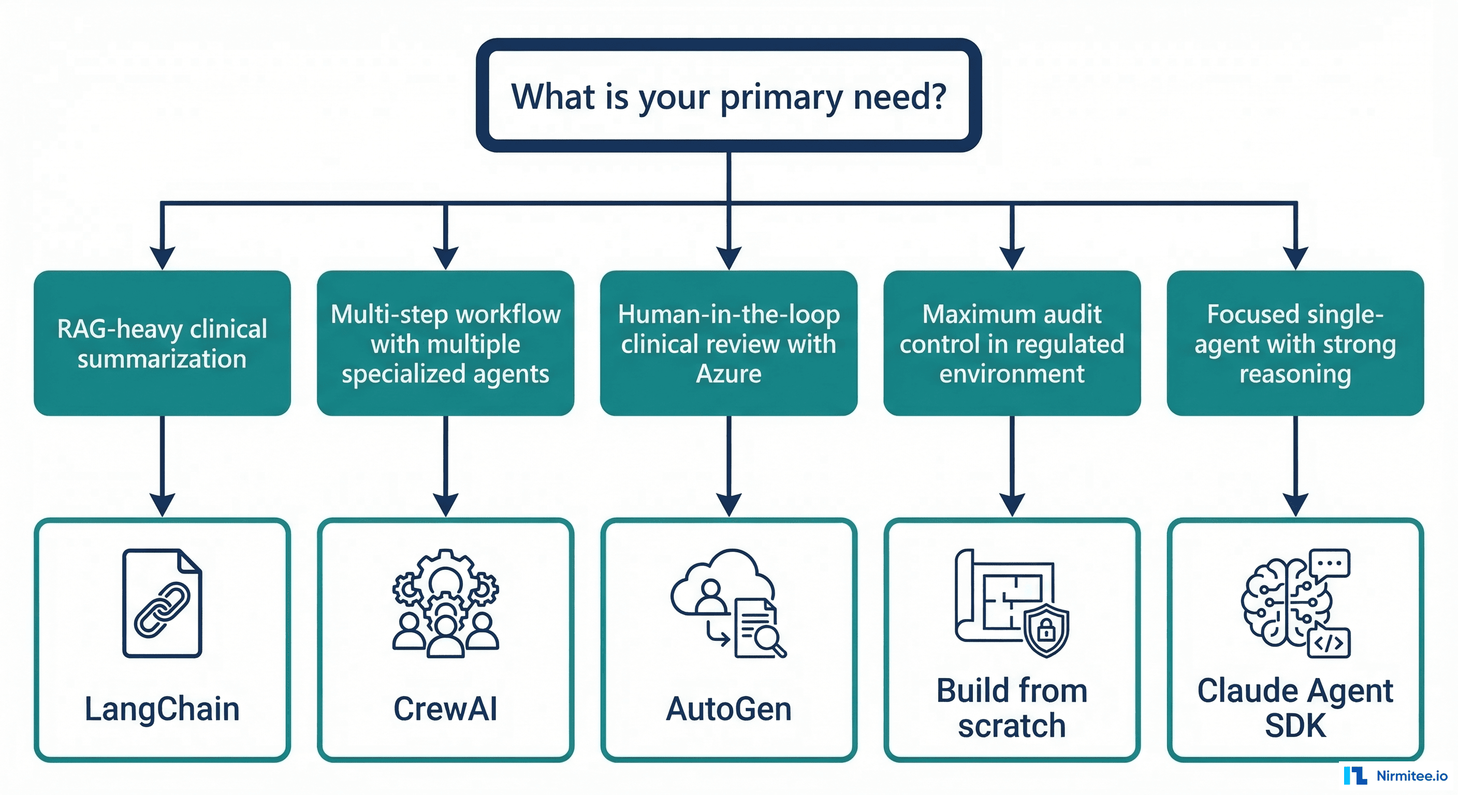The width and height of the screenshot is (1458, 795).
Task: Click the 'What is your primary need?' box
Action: click(x=728, y=96)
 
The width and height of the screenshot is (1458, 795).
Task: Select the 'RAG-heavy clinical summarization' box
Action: click(x=162, y=344)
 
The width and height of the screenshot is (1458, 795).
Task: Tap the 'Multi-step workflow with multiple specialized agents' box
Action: click(x=445, y=344)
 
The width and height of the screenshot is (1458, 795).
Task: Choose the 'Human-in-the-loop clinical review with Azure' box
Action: click(x=728, y=344)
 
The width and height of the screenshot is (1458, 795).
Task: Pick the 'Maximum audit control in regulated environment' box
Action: click(x=1012, y=344)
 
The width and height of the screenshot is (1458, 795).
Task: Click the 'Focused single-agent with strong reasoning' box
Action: click(x=1295, y=344)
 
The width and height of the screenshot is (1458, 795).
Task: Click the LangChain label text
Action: click(x=162, y=709)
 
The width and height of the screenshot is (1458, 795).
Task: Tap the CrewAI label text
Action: click(x=445, y=709)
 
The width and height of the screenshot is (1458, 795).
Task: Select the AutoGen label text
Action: click(x=728, y=709)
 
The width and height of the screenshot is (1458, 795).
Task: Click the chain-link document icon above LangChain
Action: click(x=162, y=603)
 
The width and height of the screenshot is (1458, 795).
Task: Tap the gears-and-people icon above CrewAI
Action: click(x=445, y=603)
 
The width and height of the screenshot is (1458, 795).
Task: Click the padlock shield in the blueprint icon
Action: click(x=1046, y=629)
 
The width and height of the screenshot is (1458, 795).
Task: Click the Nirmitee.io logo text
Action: click(x=1411, y=776)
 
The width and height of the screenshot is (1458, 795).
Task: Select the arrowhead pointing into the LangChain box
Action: click(x=162, y=504)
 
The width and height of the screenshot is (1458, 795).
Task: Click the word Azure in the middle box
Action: click(x=728, y=374)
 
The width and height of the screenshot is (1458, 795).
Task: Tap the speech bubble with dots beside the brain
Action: click(x=1330, y=564)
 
